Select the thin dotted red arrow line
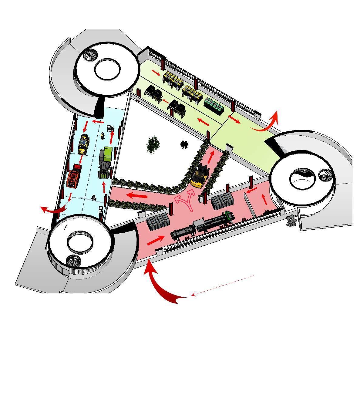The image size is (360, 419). tap(223, 285)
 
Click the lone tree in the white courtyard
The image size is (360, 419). tap(153, 144)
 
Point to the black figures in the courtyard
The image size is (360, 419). tap(184, 144)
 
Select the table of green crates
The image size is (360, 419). tap(214, 106)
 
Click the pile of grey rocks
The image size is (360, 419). tap(291, 221)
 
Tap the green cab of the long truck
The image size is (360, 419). tap(228, 216)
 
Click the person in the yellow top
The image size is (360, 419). tap(103, 136)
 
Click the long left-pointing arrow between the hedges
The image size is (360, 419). tap(137, 195)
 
